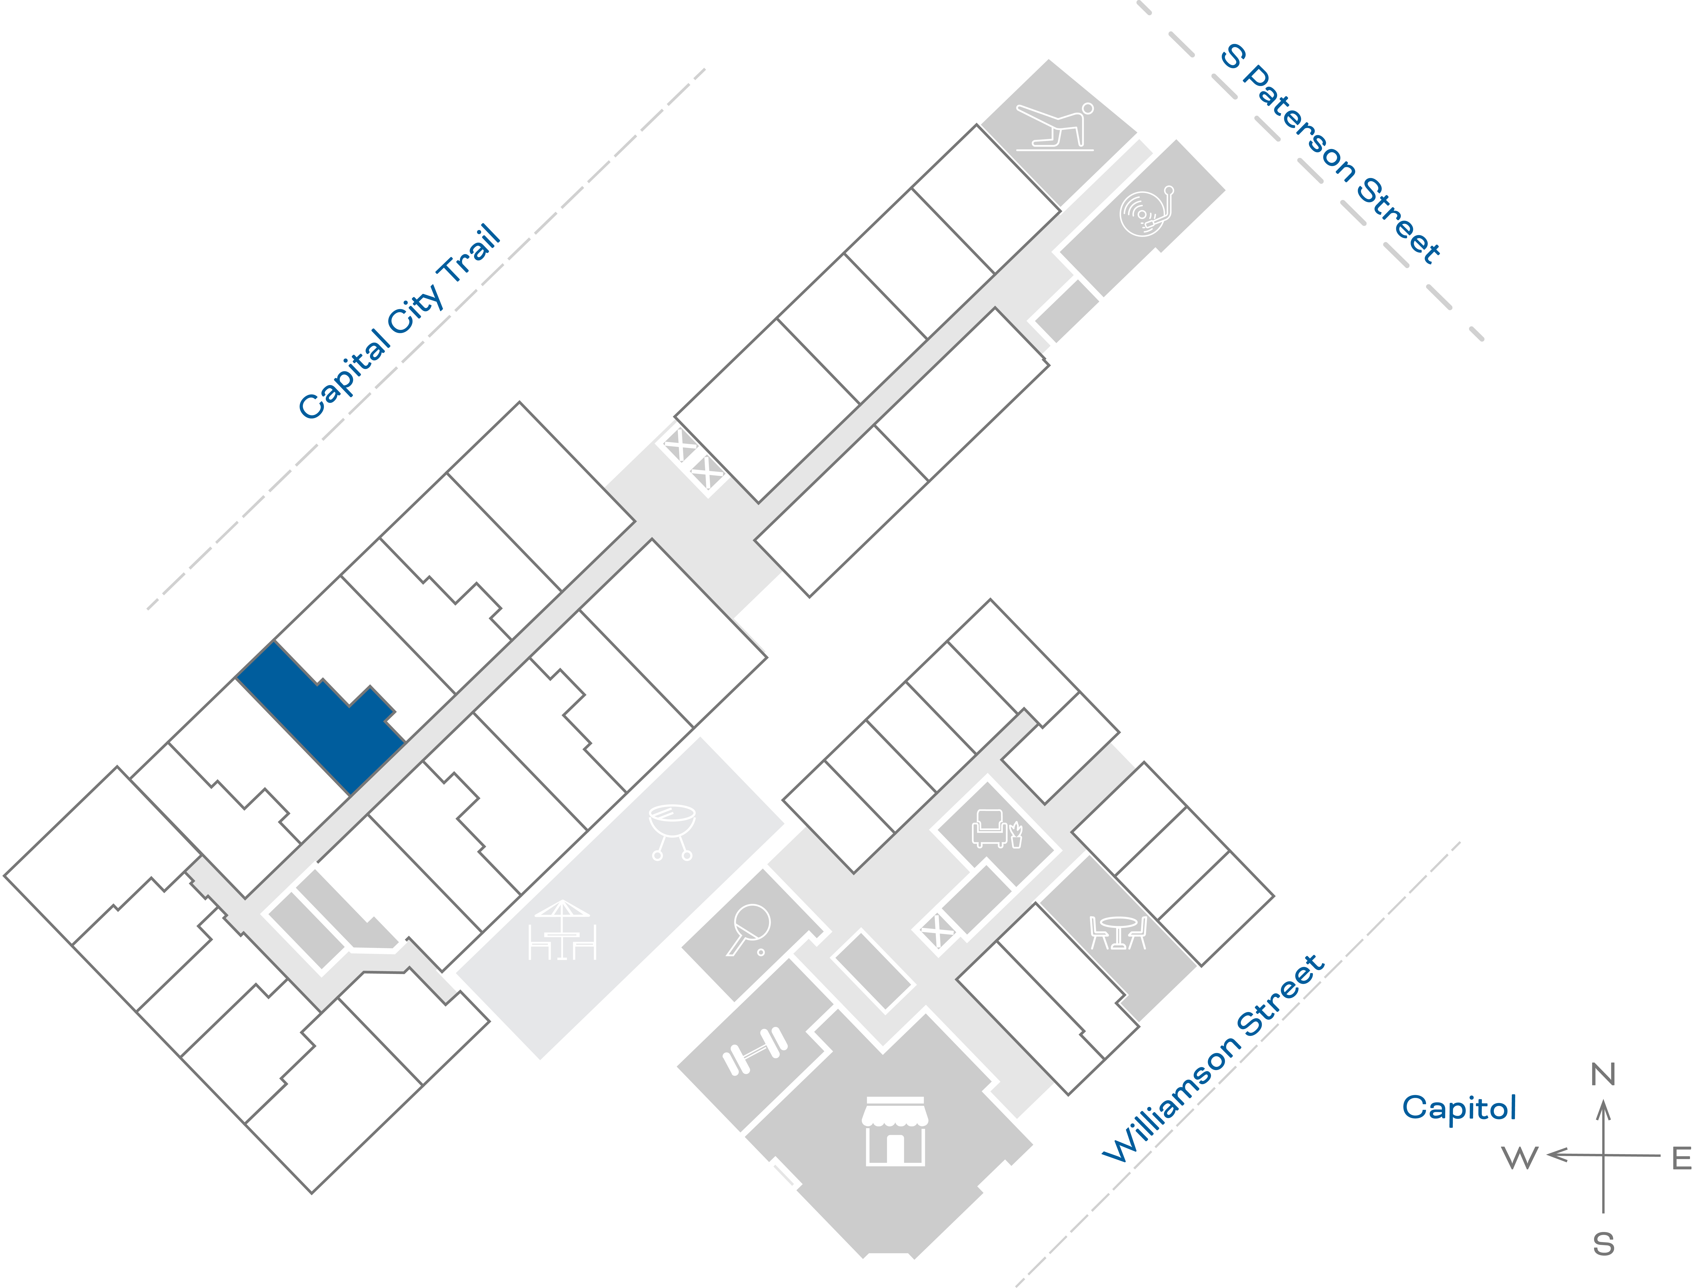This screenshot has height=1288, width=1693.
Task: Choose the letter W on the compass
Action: (x=1520, y=1158)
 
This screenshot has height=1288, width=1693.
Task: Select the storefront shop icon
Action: (x=895, y=1131)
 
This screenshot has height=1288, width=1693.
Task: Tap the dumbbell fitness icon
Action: (x=755, y=1050)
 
